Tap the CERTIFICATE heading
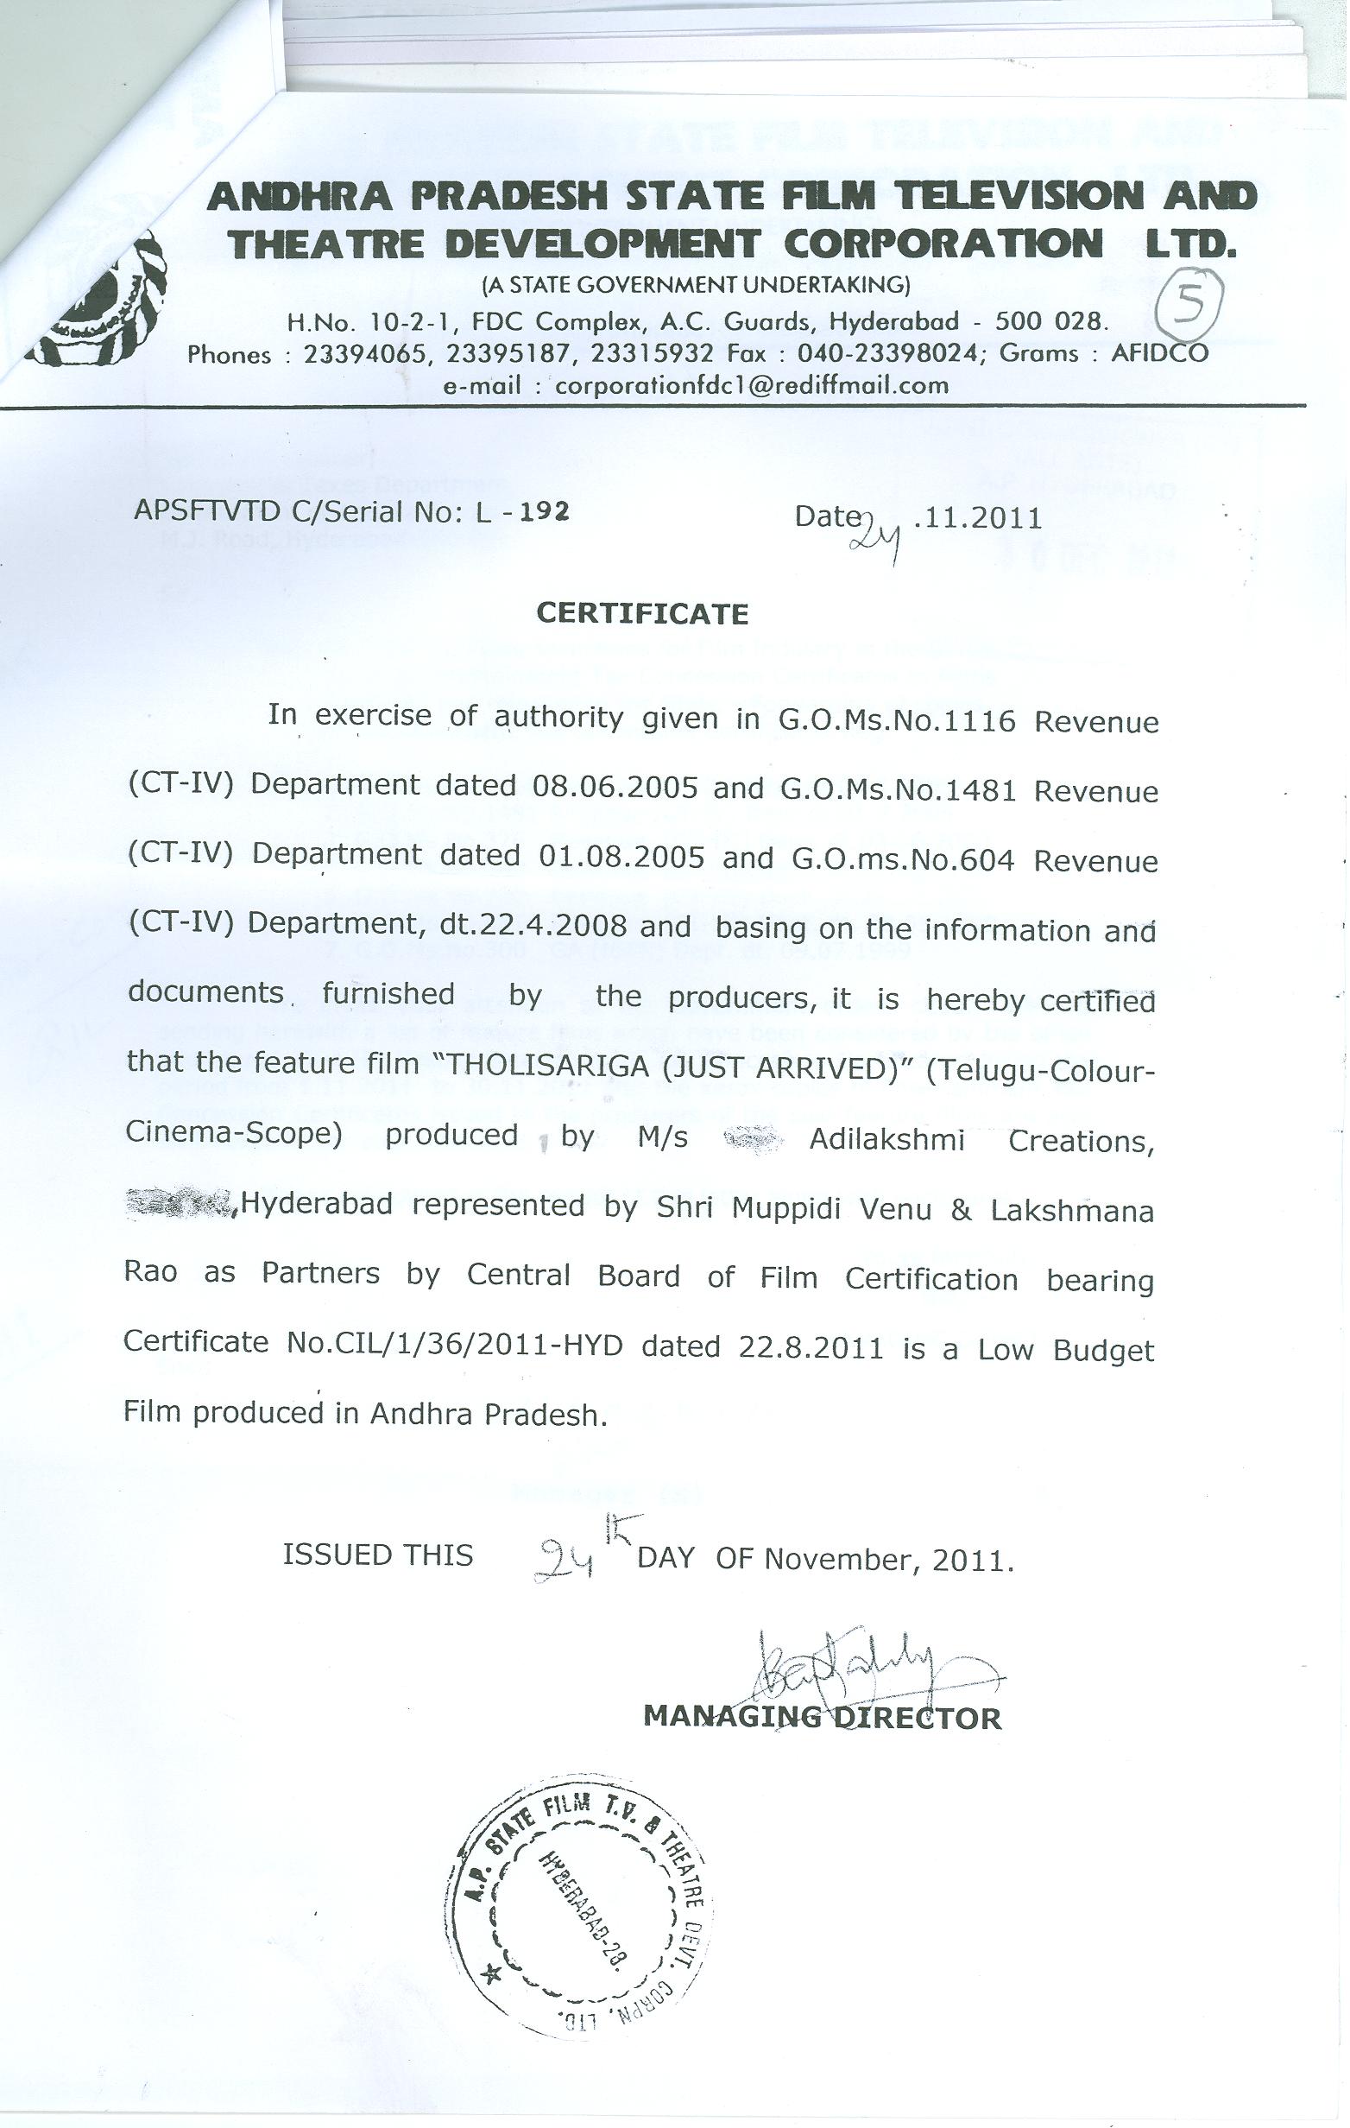pos(642,613)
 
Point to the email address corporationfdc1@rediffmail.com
pos(751,385)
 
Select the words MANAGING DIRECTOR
pos(823,1717)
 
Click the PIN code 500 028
pos(1050,320)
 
